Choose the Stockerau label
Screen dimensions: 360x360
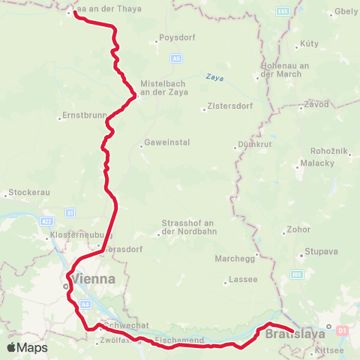click(x=28, y=193)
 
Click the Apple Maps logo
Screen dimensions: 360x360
click(x=27, y=348)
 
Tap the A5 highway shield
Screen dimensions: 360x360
click(x=175, y=58)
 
